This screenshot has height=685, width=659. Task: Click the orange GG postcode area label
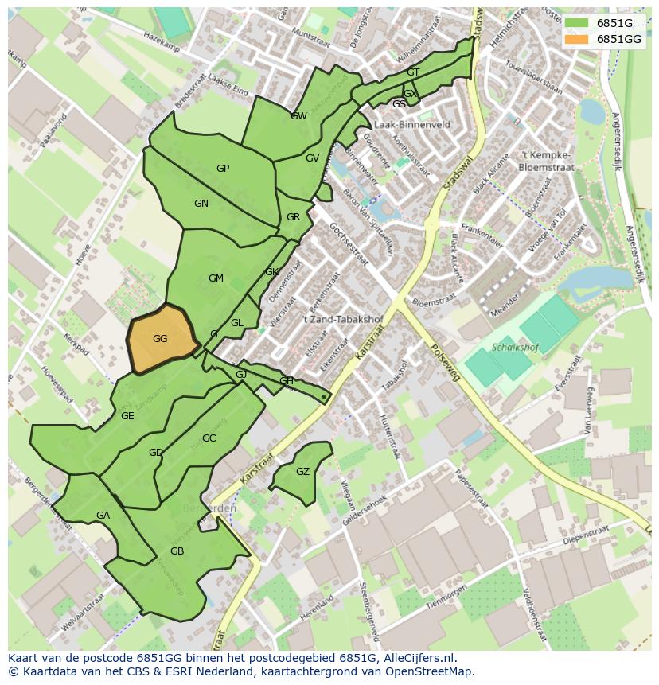click(160, 339)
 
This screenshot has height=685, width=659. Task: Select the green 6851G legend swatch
click(577, 23)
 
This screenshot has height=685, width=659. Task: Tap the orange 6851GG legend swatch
click(577, 39)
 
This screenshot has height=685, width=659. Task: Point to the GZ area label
click(302, 472)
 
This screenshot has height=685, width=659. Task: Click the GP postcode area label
click(223, 169)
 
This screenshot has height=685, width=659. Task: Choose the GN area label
click(201, 204)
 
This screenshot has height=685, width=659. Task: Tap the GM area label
click(216, 278)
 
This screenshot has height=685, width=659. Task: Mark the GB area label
click(177, 551)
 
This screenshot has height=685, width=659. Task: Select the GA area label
click(103, 516)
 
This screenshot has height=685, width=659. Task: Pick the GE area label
click(127, 416)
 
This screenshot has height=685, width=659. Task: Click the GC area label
click(209, 438)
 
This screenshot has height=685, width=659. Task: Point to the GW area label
click(298, 116)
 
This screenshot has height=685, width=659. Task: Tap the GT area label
click(413, 72)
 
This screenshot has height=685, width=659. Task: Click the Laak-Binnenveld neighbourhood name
click(411, 125)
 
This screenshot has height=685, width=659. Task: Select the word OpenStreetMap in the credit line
click(431, 671)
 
